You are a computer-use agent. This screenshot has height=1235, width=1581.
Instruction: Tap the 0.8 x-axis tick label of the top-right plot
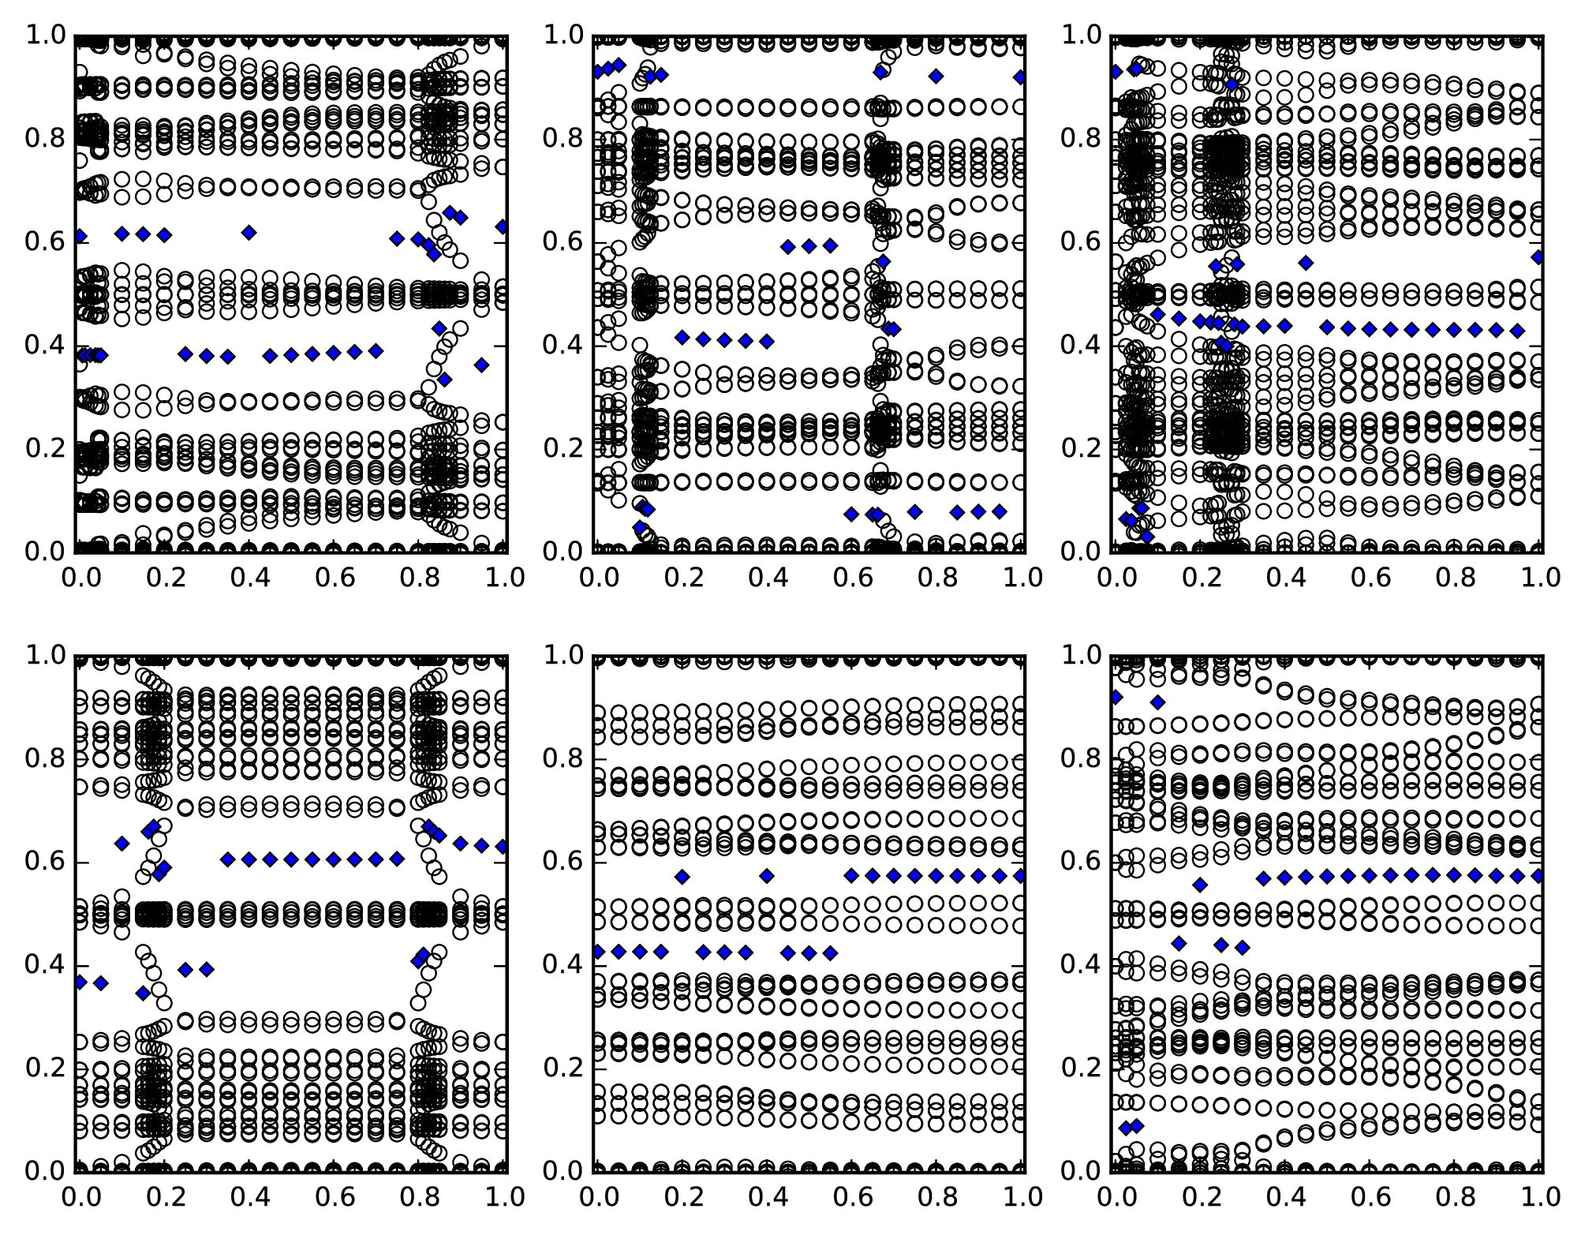click(x=1456, y=578)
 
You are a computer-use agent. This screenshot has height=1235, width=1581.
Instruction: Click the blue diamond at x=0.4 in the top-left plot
click(x=249, y=232)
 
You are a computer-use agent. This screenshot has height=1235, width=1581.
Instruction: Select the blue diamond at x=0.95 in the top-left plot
click(x=482, y=365)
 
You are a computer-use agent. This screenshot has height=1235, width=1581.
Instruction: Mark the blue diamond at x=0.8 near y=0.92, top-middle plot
click(x=936, y=76)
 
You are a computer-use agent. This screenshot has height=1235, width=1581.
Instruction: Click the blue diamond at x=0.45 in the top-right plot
click(x=1306, y=262)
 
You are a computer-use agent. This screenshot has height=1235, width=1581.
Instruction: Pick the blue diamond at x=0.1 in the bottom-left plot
click(x=121, y=844)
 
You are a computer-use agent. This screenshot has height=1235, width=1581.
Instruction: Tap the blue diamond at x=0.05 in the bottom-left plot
click(x=100, y=983)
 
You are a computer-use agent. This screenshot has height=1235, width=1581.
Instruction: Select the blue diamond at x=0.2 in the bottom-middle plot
click(x=682, y=877)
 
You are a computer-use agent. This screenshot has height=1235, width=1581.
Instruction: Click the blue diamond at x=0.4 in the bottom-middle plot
click(x=767, y=876)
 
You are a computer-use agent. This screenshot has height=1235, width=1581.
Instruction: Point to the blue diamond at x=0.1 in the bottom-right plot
click(x=1157, y=702)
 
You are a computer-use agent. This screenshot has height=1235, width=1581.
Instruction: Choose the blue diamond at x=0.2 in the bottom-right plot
click(x=1200, y=885)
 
